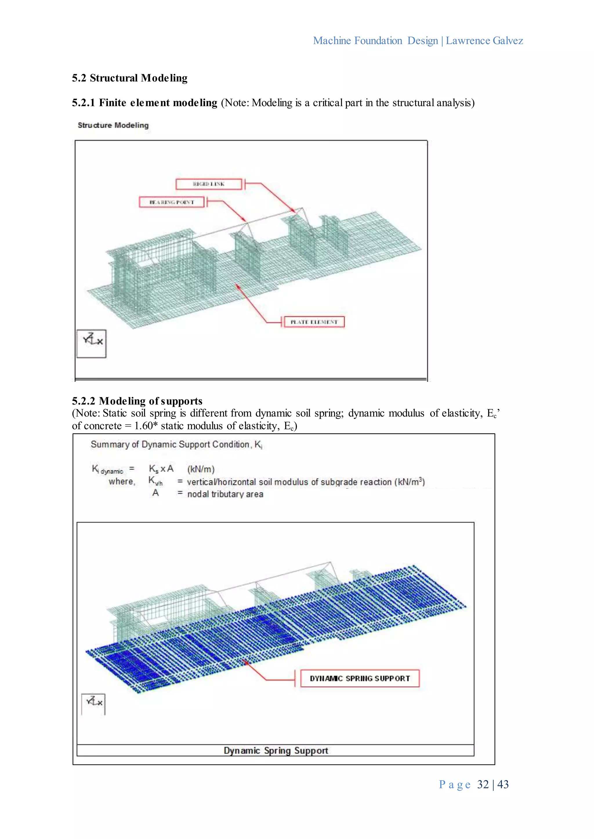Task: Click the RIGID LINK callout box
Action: click(209, 184)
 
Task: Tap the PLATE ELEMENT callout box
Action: click(314, 322)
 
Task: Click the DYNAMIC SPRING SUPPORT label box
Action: click(360, 679)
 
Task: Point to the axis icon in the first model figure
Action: click(91, 343)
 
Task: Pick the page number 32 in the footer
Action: click(483, 784)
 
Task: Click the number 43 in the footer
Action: click(503, 784)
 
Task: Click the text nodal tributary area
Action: click(225, 494)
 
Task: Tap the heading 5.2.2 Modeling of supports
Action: click(137, 401)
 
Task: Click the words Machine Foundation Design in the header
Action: click(375, 41)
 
